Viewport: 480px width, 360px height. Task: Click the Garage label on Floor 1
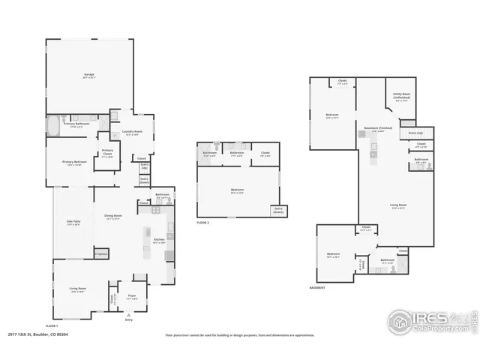89,76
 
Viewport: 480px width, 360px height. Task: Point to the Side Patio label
73,224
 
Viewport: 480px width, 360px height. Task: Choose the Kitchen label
159,241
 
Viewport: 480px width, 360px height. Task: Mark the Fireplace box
101,254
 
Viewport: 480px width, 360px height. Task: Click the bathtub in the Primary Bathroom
55,125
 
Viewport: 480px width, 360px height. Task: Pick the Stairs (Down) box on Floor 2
278,211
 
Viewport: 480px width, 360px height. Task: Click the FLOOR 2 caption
202,223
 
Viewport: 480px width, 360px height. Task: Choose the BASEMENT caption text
318,287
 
